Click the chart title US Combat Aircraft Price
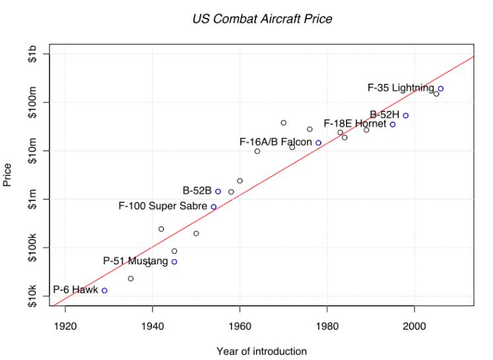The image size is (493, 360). point(262,18)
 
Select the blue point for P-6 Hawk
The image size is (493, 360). point(104,290)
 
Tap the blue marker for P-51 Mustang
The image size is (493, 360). point(174,262)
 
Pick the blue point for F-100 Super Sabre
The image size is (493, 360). point(213,207)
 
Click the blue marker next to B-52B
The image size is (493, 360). point(218,192)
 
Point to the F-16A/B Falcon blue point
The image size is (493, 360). point(318,143)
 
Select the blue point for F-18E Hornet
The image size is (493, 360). point(393,124)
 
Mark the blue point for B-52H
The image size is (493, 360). point(406,116)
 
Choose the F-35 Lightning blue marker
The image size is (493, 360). point(441,89)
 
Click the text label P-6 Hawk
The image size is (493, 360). point(75,290)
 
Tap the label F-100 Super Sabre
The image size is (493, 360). point(162,207)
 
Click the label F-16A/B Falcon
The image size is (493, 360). point(275,143)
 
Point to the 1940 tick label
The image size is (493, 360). point(152,326)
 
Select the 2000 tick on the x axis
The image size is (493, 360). point(414,326)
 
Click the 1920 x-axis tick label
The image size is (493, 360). point(65,326)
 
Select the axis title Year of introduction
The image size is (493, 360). point(262,351)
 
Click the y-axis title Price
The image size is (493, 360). point(8,176)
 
